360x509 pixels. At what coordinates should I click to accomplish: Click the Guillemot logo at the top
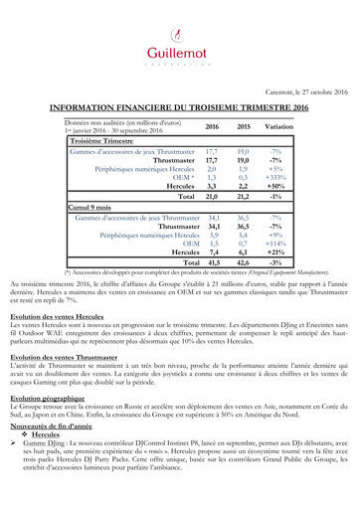coord(180,41)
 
